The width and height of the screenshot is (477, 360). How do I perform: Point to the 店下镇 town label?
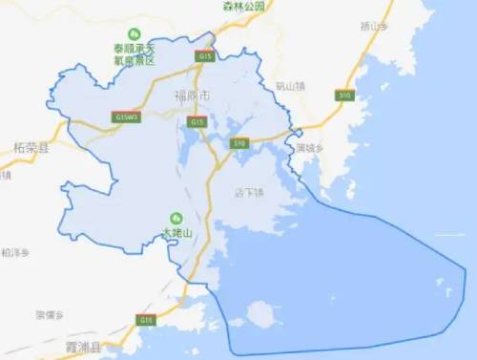pos(249,193)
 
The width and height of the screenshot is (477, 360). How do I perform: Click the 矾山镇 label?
pos(288,86)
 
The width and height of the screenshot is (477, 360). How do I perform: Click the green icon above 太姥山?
pos(176,216)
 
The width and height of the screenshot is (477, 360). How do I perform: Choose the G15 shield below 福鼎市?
pos(197,122)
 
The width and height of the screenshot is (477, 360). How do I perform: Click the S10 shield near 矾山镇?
pos(344,95)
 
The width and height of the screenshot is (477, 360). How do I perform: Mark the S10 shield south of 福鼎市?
pos(238,143)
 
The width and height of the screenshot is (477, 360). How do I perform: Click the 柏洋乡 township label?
pos(16,253)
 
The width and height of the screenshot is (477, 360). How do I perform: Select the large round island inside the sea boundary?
pos(259,312)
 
